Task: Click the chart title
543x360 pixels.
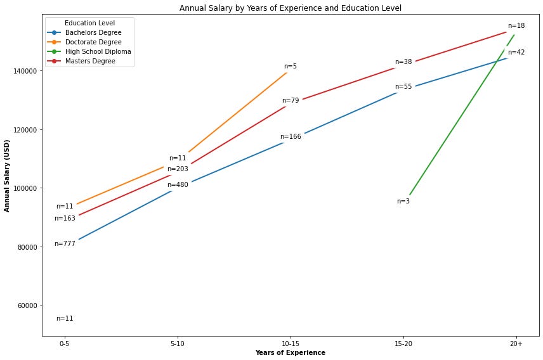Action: point(291,8)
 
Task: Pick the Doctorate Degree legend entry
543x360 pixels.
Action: point(93,42)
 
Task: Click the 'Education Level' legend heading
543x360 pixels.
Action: point(89,23)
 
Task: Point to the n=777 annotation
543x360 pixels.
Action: point(65,244)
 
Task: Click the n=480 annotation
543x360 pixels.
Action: point(178,185)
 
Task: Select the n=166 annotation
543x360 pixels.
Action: point(291,137)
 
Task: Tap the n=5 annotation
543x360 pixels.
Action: point(291,67)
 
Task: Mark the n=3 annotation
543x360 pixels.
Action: point(403,202)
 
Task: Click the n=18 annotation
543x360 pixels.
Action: point(516,26)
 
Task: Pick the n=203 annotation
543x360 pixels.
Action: point(178,169)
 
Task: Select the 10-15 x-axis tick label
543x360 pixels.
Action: point(291,343)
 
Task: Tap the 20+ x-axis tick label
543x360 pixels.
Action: point(516,343)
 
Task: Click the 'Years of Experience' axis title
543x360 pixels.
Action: point(291,353)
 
